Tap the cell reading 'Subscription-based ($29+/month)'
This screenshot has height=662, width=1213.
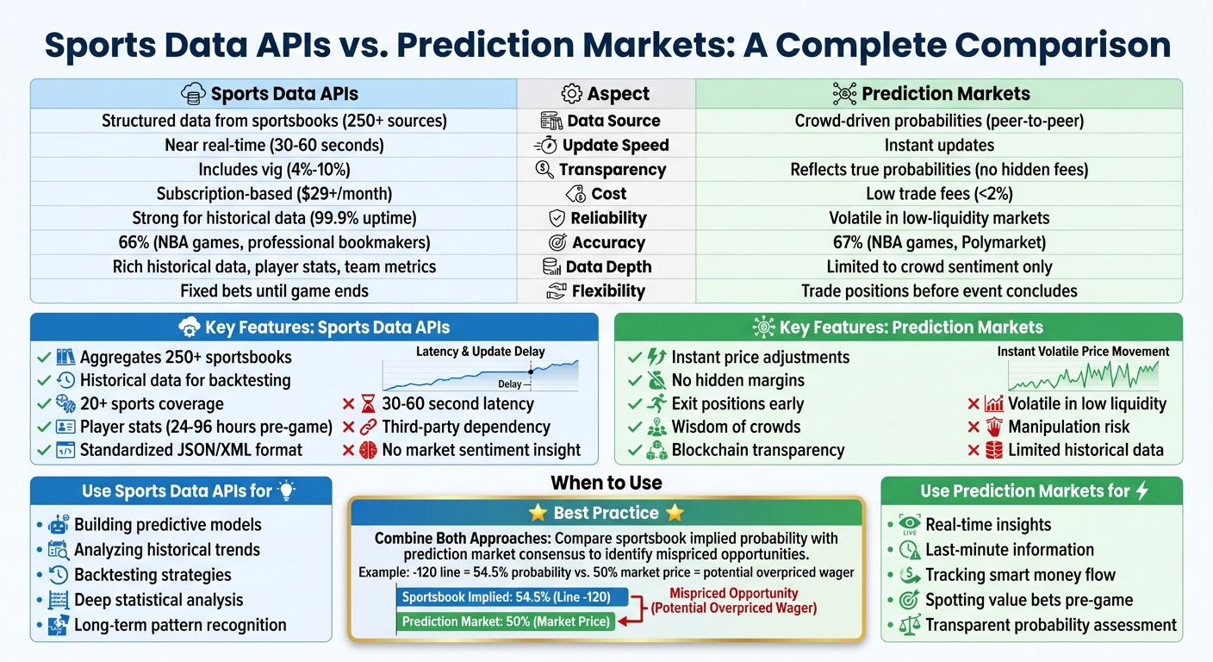(x=274, y=194)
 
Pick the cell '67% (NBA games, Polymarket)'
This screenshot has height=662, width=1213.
(x=939, y=242)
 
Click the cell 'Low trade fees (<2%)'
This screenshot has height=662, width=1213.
(x=939, y=194)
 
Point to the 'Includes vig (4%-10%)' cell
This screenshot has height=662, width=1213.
(x=274, y=170)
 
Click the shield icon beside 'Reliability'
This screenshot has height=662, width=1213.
(x=557, y=218)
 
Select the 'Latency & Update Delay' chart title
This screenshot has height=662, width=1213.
(x=480, y=352)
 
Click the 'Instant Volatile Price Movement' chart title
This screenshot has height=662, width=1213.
(x=1083, y=352)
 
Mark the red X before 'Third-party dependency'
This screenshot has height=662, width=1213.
(x=348, y=427)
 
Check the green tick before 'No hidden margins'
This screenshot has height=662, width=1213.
(x=635, y=380)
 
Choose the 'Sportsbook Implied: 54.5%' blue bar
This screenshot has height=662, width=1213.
(x=513, y=596)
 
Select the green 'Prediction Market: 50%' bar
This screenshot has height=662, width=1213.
(x=507, y=621)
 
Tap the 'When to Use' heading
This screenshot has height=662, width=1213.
(x=606, y=483)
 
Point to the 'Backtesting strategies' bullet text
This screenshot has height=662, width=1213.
(x=152, y=575)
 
